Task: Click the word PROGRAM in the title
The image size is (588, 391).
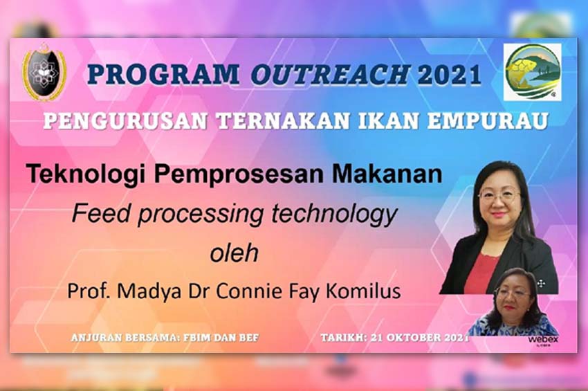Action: [164, 74]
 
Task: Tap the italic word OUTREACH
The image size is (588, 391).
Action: [330, 74]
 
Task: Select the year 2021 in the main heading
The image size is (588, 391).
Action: [449, 74]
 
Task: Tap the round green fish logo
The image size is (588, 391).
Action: [533, 72]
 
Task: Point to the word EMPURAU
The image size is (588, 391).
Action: [488, 121]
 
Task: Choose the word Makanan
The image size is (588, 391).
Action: [387, 174]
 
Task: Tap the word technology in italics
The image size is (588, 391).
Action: [333, 214]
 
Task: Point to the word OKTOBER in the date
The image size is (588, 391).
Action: [413, 337]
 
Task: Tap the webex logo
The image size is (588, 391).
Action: [543, 340]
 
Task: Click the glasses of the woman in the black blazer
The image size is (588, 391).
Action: [499, 195]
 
